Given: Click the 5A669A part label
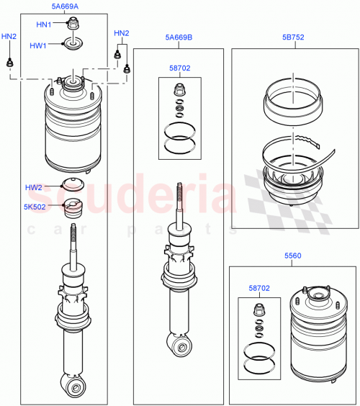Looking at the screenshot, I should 66,6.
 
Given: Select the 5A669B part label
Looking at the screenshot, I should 177,37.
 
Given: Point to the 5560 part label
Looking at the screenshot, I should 292,256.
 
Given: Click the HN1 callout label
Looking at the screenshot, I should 45,24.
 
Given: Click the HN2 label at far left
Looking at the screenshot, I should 9,35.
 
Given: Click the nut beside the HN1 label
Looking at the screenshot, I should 72,25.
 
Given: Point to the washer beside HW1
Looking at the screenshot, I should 73,45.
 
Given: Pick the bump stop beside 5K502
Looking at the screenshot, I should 73,207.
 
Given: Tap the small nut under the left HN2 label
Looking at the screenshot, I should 10,63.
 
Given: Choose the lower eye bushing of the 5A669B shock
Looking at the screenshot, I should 180,348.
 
